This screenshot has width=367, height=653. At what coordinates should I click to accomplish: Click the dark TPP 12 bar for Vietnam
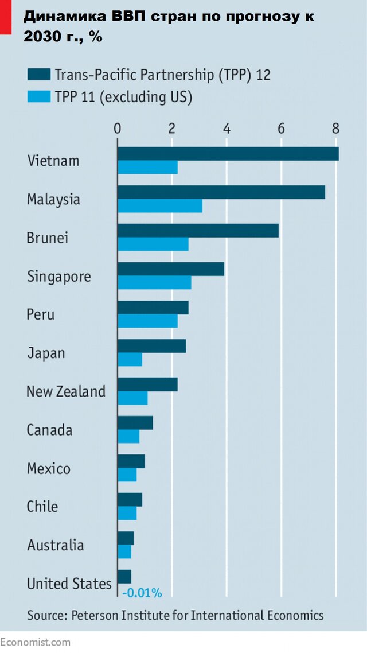click(228, 154)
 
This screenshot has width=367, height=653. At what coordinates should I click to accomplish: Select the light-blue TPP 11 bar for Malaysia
click(159, 205)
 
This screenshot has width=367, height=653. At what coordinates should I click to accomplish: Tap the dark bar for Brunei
click(198, 230)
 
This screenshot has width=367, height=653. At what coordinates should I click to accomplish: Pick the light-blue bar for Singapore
click(154, 282)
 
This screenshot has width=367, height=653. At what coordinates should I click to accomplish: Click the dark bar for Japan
click(151, 346)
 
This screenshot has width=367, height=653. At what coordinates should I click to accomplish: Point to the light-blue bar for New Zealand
click(132, 398)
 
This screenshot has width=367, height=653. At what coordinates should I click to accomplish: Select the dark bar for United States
click(124, 576)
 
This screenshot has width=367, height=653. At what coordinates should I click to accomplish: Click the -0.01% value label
click(142, 592)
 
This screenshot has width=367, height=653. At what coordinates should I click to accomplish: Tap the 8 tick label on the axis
click(335, 128)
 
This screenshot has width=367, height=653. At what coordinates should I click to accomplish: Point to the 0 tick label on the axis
click(118, 128)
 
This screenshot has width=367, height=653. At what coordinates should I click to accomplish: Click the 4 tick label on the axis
click(227, 128)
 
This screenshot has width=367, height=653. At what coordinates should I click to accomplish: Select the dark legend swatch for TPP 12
click(38, 75)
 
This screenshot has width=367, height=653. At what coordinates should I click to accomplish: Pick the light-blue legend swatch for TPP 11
click(38, 96)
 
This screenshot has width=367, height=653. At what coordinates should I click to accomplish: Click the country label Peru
click(41, 314)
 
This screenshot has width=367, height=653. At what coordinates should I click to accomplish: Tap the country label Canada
click(49, 430)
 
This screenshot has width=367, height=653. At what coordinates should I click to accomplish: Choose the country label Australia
click(55, 545)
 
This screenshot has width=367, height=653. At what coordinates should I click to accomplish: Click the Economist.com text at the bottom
click(36, 642)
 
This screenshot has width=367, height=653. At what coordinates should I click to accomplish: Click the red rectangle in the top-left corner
click(5, 15)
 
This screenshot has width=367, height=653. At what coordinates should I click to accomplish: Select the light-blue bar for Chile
click(127, 513)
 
